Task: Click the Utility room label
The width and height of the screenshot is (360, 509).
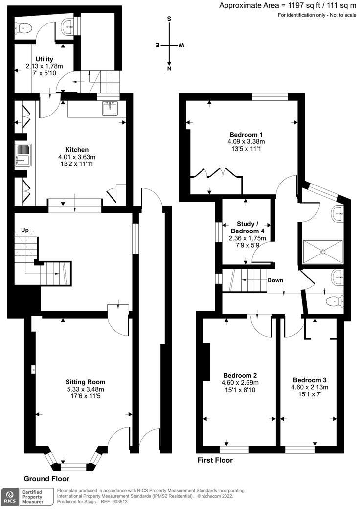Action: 45,59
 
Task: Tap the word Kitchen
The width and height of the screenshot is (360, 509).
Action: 77,150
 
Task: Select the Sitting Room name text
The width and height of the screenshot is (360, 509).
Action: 86,382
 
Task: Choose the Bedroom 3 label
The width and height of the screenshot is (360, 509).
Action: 310,380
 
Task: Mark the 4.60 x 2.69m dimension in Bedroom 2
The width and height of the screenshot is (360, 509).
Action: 240,383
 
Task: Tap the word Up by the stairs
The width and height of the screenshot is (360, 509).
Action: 24,230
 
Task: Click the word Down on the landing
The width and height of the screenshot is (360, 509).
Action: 275,281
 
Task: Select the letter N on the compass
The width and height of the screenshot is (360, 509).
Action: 169,69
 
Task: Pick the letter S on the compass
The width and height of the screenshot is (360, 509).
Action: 169,19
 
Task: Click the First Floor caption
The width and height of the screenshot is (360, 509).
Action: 215,460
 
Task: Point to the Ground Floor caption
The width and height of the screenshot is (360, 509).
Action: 46,479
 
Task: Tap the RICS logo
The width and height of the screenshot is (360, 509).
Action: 8,495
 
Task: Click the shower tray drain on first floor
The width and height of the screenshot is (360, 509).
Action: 323,252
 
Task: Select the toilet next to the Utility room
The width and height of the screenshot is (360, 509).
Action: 23,29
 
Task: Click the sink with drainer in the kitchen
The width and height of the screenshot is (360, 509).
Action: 22,156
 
